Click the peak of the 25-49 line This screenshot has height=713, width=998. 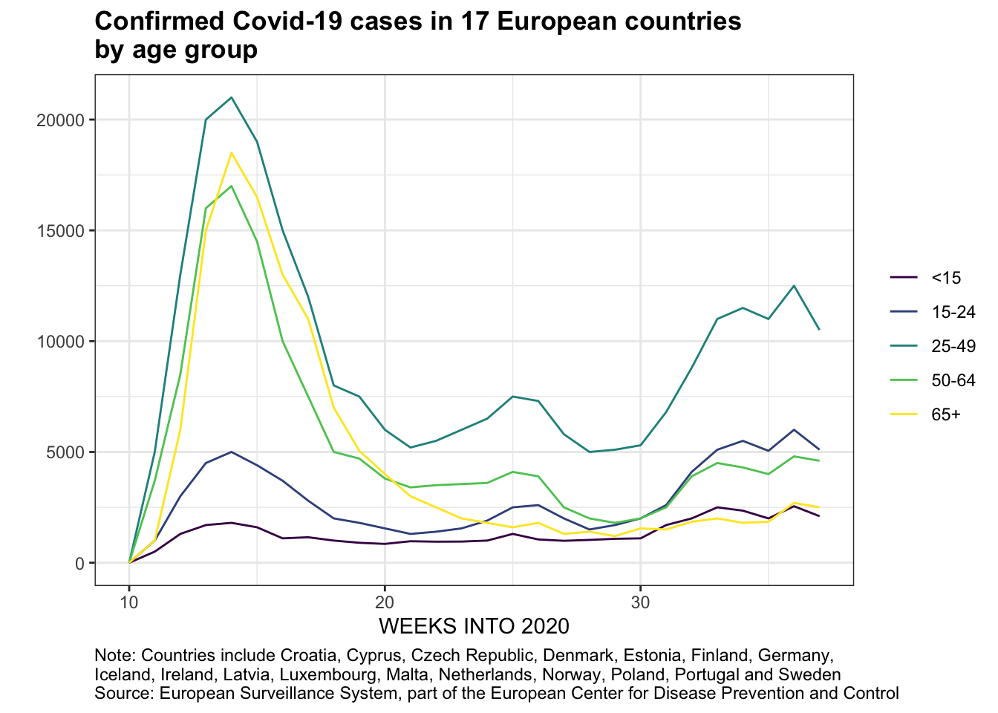[x=232, y=97]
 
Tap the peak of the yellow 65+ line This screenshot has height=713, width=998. [x=232, y=153]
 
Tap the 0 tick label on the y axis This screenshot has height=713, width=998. [x=79, y=563]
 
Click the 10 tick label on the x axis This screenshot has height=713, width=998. [x=129, y=602]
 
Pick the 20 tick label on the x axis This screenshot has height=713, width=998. [x=385, y=602]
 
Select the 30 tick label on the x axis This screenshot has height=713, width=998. [x=640, y=602]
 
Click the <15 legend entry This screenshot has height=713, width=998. [x=945, y=279]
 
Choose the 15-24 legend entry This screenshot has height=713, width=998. [x=953, y=313]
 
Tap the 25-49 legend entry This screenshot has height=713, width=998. [x=953, y=347]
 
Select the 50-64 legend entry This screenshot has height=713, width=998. [x=953, y=381]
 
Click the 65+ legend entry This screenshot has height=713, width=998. [x=945, y=415]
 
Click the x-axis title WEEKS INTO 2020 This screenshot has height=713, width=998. [x=474, y=627]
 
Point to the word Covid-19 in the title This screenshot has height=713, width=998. [x=288, y=22]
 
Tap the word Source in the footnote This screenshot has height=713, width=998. [x=124, y=694]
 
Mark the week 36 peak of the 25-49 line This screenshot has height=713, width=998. [x=794, y=286]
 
